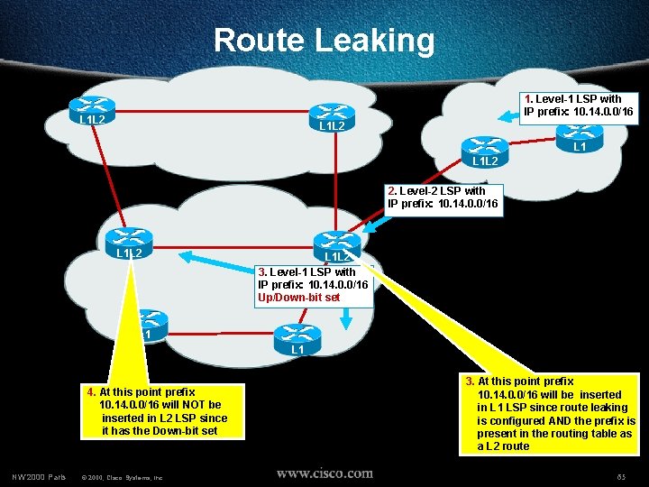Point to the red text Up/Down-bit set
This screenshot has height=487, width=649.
tap(298, 297)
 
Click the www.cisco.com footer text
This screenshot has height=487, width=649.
tap(324, 473)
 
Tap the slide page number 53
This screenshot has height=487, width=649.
tap(621, 475)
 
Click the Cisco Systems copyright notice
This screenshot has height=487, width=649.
tap(122, 476)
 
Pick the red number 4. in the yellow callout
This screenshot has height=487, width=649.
tap(92, 392)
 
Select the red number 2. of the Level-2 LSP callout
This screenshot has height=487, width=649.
tap(392, 191)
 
